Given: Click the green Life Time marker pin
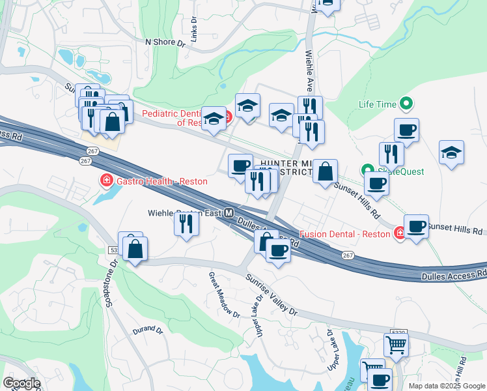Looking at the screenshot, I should click(x=407, y=104).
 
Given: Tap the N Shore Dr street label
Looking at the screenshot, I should click(x=165, y=42).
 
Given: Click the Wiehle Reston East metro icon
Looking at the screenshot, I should click(x=229, y=213).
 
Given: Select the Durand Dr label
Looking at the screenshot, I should click(x=147, y=330).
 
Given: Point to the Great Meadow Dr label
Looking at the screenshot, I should click(x=223, y=295).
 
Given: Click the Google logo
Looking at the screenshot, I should click(x=21, y=383).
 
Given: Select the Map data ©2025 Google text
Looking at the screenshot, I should click(x=447, y=385).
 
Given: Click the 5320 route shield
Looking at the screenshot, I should click(x=400, y=332).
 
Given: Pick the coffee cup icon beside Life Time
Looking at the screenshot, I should click(x=406, y=130).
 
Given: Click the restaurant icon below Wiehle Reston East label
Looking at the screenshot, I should click(x=187, y=225).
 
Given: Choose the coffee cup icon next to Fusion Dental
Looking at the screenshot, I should click(x=416, y=226).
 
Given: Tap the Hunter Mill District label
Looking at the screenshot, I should click(x=286, y=165).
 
